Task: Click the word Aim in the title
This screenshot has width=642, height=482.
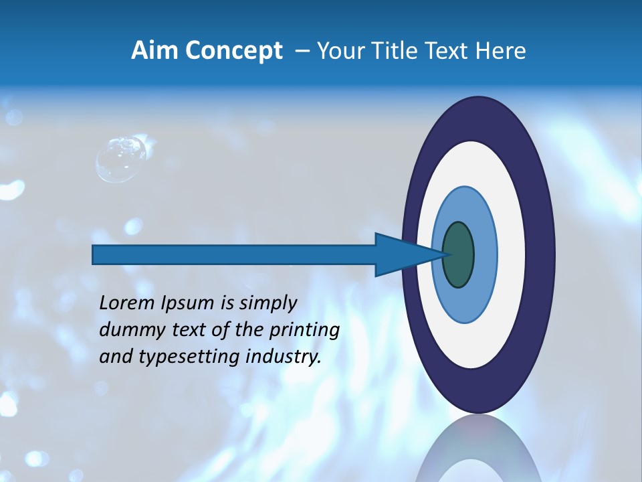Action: point(154,51)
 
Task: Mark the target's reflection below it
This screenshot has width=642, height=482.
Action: point(477,452)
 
